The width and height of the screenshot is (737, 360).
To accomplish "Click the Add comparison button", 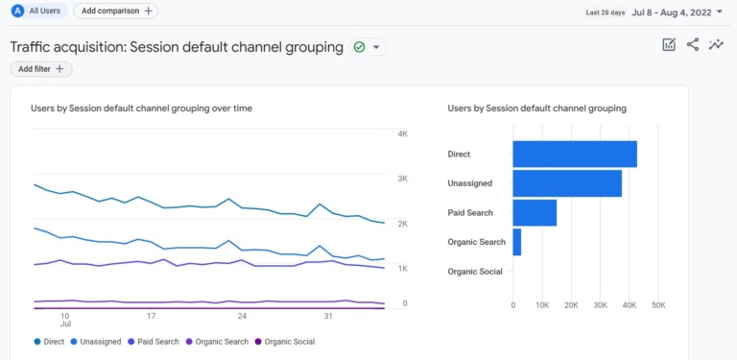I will click(x=115, y=11).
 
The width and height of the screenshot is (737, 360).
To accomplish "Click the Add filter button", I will click(x=41, y=69).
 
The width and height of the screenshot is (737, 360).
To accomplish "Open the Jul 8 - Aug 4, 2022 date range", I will click(x=677, y=12).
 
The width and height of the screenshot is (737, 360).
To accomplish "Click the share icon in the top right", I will click(x=693, y=45).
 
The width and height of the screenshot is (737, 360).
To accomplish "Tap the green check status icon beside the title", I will click(x=360, y=47).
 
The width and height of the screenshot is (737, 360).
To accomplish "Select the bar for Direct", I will click(x=574, y=155).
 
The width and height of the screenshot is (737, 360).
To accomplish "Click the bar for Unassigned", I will click(x=566, y=183).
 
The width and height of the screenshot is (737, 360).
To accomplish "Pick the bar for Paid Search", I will click(x=535, y=213).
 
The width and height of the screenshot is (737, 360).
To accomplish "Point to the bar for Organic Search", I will click(x=517, y=242).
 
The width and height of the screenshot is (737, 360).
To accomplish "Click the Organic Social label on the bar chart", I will click(x=475, y=272).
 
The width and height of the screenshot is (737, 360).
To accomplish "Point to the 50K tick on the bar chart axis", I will click(x=658, y=305).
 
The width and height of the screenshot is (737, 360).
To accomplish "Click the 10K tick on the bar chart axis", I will click(x=542, y=305).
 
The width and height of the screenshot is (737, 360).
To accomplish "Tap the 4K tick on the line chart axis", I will click(x=403, y=133).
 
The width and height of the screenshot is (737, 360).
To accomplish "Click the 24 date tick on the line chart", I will click(x=242, y=316).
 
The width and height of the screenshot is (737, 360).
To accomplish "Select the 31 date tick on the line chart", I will click(x=328, y=316).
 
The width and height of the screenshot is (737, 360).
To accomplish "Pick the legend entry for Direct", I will click(x=52, y=342).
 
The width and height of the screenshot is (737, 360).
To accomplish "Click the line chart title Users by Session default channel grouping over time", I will click(x=141, y=108).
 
